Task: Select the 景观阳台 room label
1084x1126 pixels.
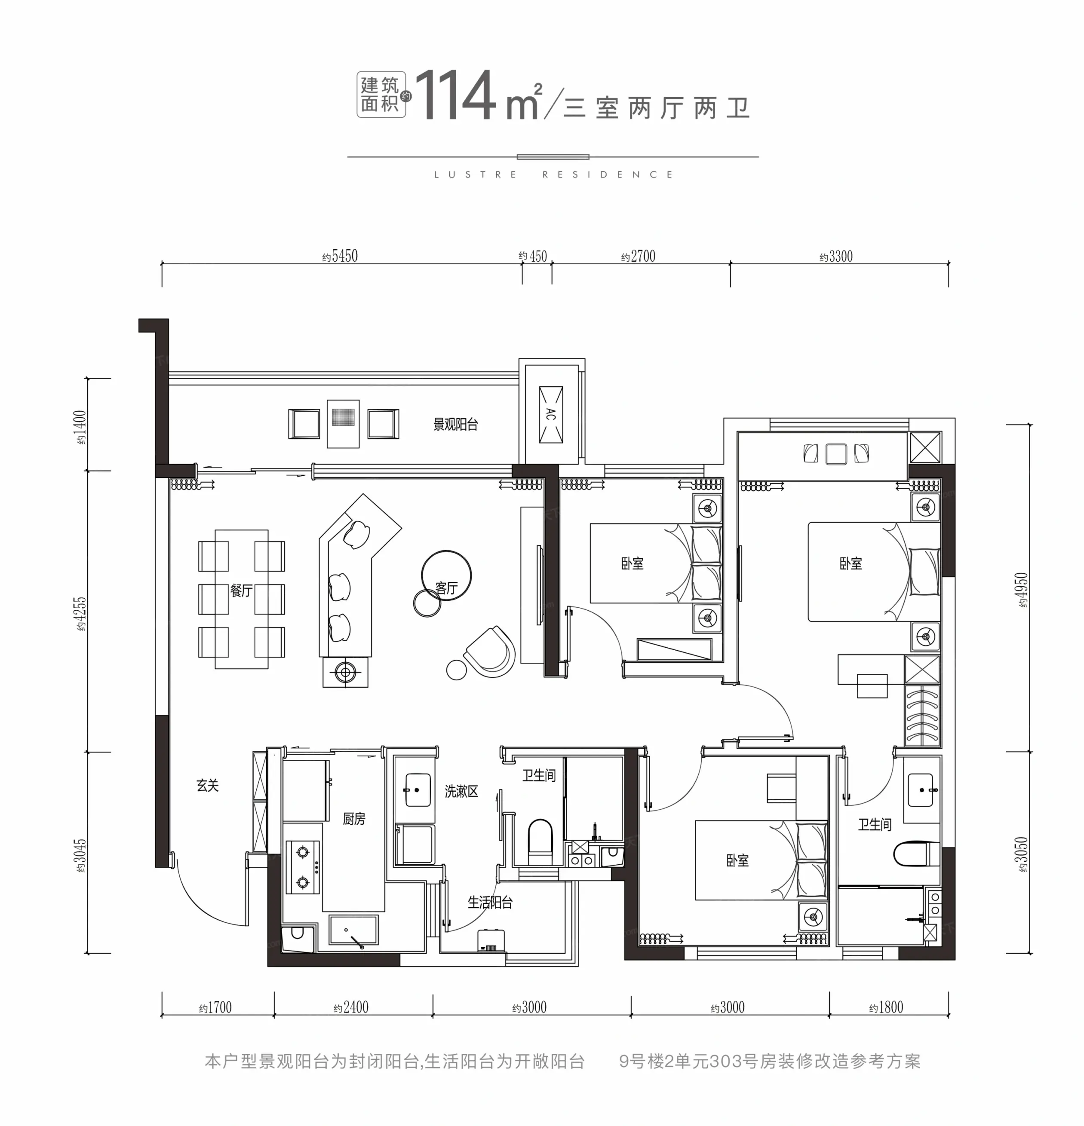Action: tap(455, 425)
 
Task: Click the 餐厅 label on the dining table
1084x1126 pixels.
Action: tap(241, 591)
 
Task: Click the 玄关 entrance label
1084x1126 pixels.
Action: tap(208, 785)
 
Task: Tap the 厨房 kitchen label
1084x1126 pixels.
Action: tap(354, 819)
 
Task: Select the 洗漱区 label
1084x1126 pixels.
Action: tap(461, 792)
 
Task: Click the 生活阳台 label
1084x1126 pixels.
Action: tap(490, 903)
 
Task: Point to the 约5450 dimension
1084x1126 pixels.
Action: tap(340, 256)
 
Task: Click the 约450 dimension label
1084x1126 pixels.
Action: tap(533, 256)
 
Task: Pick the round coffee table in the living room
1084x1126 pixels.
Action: tap(446, 575)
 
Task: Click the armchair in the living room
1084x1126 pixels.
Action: tap(490, 652)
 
